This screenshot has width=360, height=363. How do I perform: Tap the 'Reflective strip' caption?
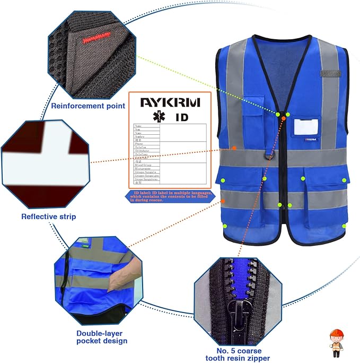click(x=48, y=216)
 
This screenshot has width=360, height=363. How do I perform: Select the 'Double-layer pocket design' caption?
click(x=100, y=336)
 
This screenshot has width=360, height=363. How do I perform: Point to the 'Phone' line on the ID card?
click(x=140, y=143)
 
